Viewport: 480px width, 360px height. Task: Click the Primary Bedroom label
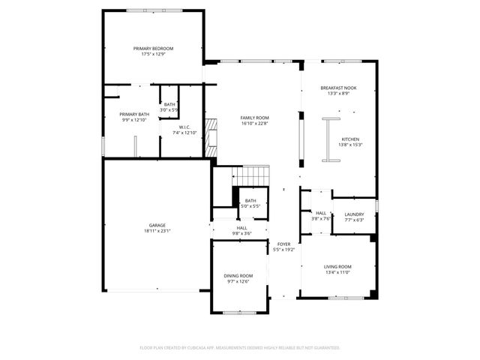pyautogui.click(x=152, y=49)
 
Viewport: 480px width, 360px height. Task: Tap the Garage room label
pyautogui.click(x=157, y=225)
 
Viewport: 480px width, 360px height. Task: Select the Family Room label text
pyautogui.click(x=255, y=118)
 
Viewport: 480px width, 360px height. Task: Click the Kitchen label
pyautogui.click(x=351, y=139)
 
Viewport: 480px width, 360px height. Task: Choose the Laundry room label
pyautogui.click(x=354, y=214)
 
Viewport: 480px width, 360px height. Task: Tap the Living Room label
pyautogui.click(x=337, y=267)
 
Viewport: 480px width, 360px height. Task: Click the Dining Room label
pyautogui.click(x=238, y=276)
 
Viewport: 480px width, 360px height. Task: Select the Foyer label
pyautogui.click(x=284, y=244)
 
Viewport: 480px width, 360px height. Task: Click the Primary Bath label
pyautogui.click(x=134, y=114)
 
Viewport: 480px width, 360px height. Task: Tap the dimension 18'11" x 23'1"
pyautogui.click(x=157, y=231)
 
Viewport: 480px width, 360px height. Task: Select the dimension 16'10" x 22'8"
pyautogui.click(x=255, y=124)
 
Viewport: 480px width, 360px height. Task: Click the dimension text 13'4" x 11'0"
pyautogui.click(x=337, y=273)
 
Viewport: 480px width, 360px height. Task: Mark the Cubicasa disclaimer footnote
pyautogui.click(x=240, y=348)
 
